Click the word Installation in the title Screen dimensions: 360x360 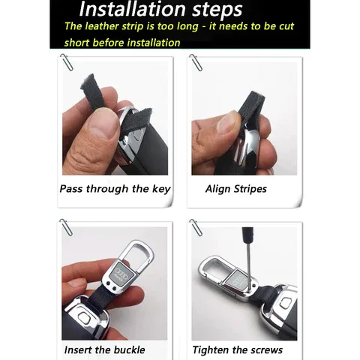[133, 9]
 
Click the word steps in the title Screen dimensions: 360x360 [217, 10]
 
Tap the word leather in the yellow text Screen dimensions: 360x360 [102, 26]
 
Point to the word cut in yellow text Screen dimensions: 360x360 [286, 26]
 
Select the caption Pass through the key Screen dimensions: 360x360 [115, 189]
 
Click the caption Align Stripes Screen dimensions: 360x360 [236, 189]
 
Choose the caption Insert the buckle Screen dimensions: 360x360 [104, 349]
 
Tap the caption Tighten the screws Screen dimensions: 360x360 [238, 350]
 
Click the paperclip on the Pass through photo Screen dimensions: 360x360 [67, 62]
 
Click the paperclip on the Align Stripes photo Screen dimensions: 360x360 [196, 62]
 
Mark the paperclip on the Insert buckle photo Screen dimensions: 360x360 [66, 227]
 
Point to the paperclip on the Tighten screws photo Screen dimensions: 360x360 [196, 227]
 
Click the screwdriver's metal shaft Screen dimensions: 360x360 [248, 267]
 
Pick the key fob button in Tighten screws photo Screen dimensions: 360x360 [285, 303]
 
